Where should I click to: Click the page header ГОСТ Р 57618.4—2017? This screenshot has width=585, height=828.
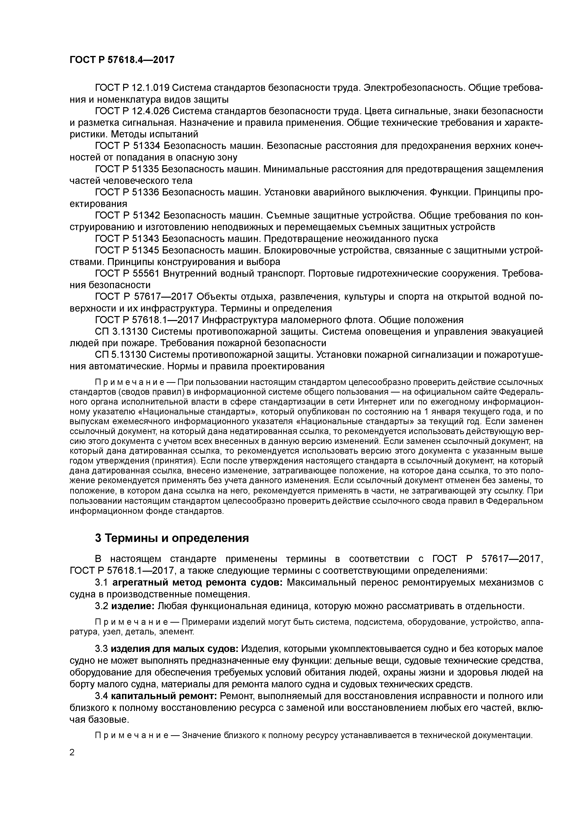tap(122, 59)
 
